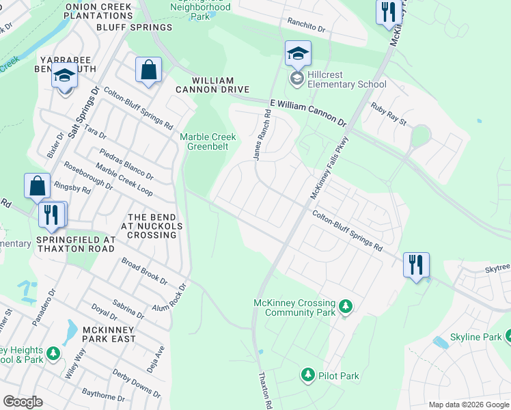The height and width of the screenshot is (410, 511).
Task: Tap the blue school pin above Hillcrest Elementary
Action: [x=298, y=54]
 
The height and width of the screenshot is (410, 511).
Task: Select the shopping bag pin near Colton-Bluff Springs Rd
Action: [x=148, y=70]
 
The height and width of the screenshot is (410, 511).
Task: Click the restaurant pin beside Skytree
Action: [x=416, y=265]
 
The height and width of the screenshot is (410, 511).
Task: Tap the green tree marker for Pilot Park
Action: [x=307, y=375]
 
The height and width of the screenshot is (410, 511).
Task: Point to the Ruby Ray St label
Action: [x=389, y=114]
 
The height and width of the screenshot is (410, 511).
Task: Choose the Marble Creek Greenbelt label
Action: [x=208, y=141]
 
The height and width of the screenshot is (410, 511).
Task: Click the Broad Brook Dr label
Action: [x=144, y=271]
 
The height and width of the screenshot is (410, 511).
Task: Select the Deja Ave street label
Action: [x=156, y=358]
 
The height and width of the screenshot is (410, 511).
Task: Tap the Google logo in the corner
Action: [x=23, y=401]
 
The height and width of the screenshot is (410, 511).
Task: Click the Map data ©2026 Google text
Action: [x=468, y=405]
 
